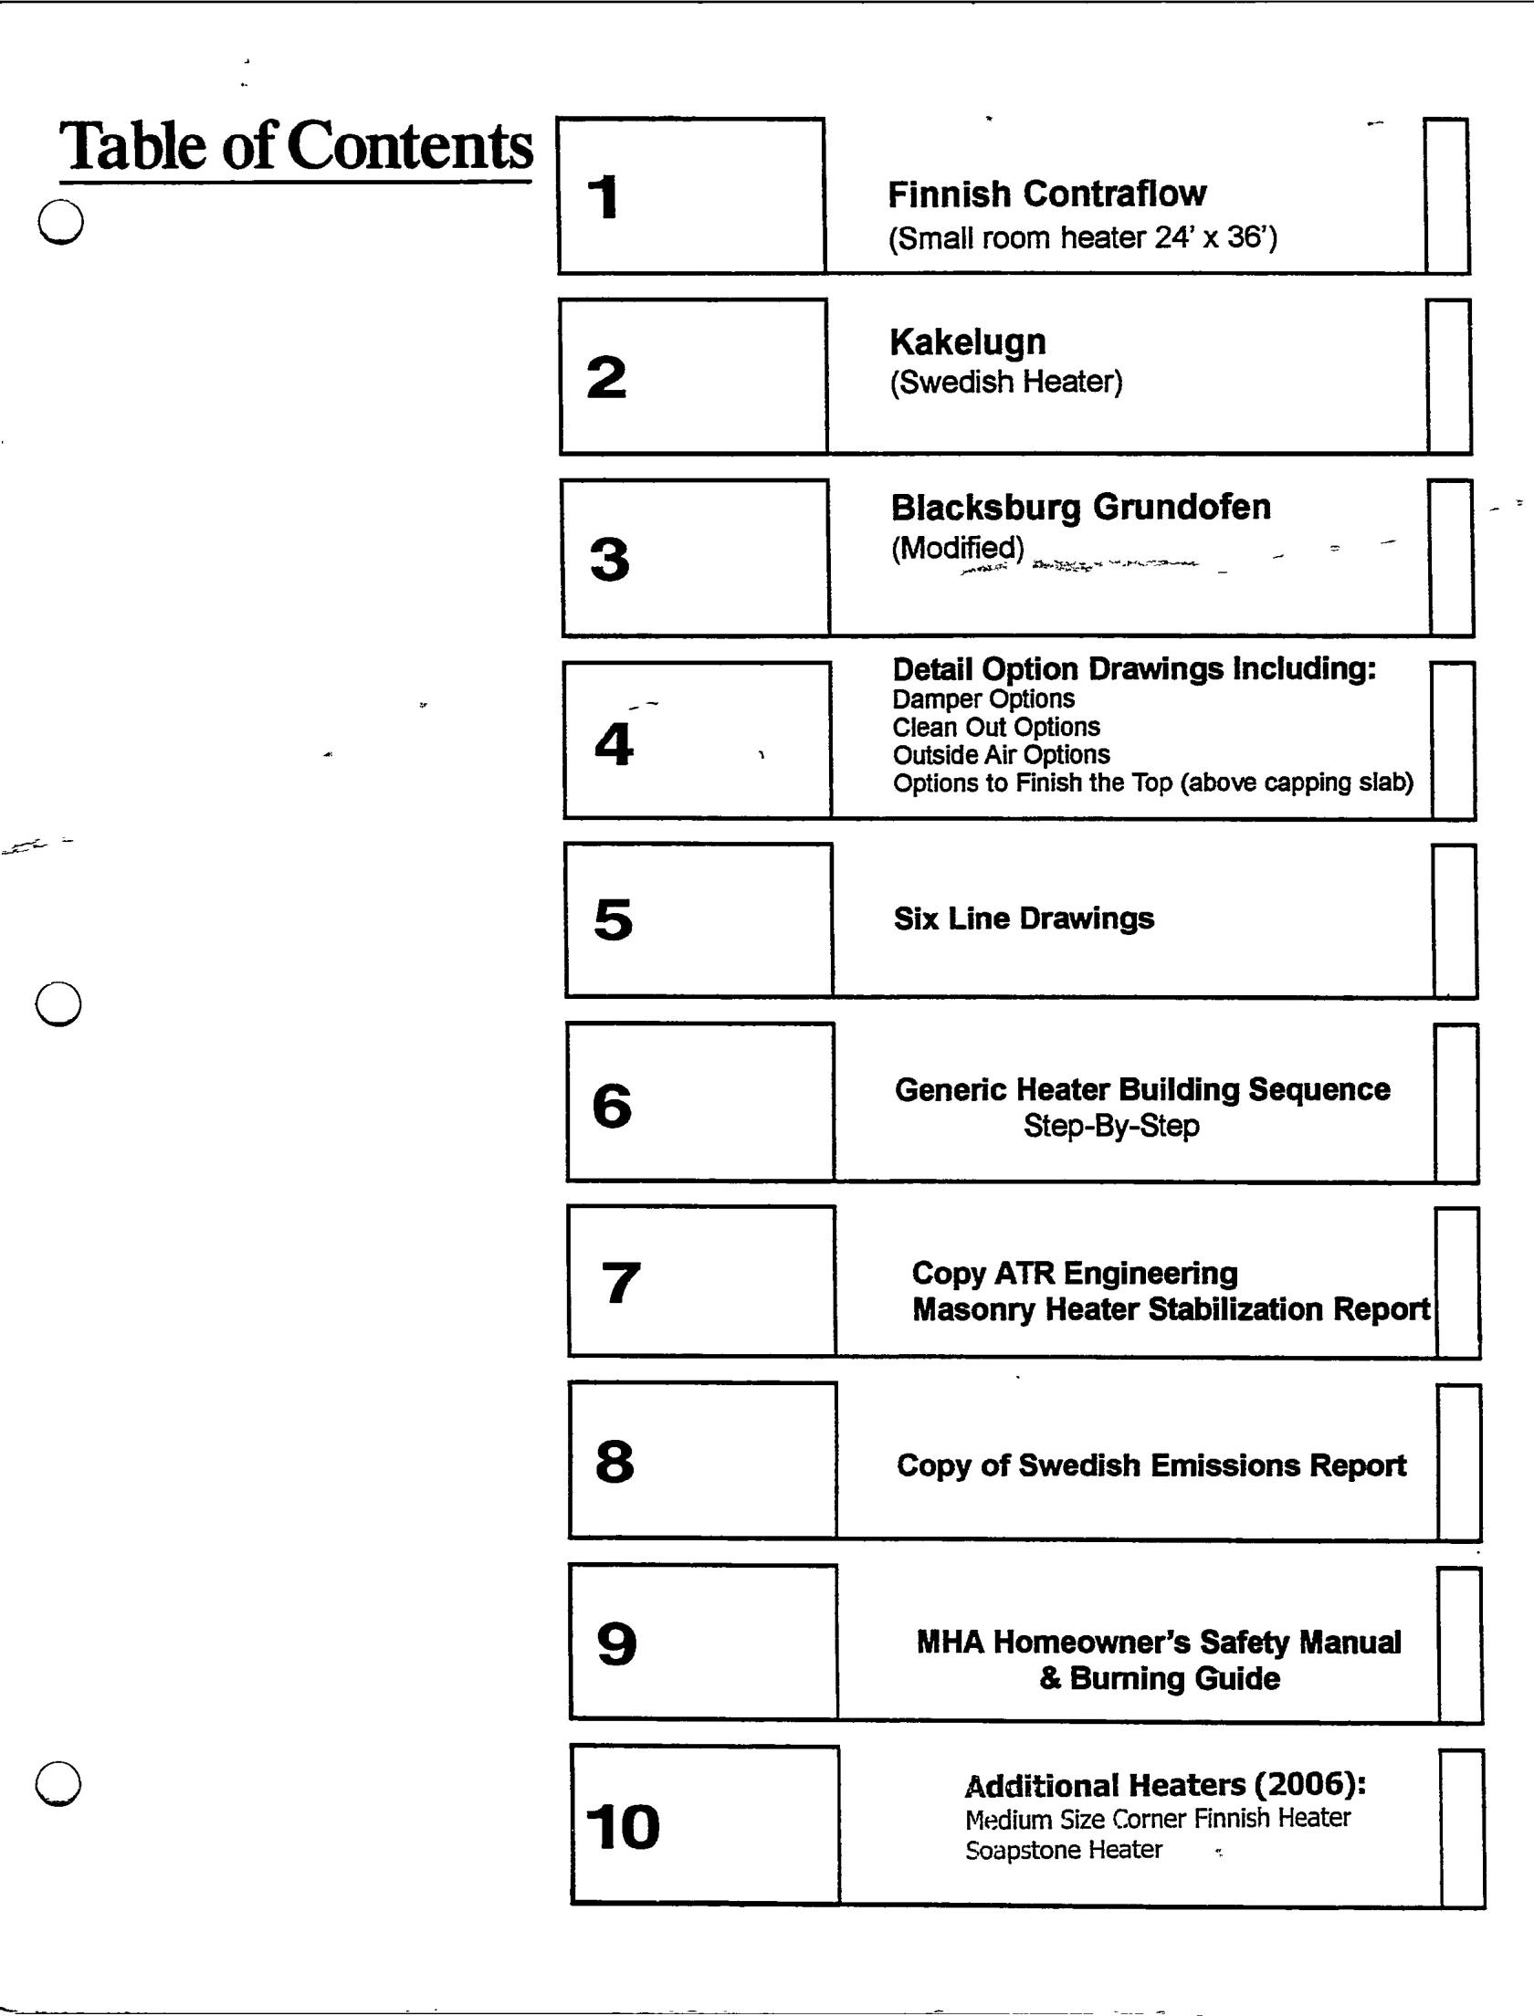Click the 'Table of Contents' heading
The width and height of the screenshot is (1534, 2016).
click(x=296, y=146)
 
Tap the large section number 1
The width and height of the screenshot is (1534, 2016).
click(x=604, y=197)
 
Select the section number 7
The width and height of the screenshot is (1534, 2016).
click(x=621, y=1282)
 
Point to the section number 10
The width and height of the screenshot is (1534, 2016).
click(x=622, y=1827)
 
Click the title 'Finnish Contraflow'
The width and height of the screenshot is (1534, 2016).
click(x=1046, y=194)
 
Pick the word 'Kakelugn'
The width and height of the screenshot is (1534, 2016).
click(x=968, y=342)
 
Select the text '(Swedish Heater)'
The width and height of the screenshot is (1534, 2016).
click(x=1006, y=382)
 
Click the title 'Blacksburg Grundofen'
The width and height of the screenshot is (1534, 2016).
click(x=1080, y=508)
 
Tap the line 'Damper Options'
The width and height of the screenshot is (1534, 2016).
click(x=983, y=699)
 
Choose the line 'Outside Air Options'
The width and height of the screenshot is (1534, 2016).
click(x=1001, y=755)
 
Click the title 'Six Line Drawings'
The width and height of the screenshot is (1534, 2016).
click(x=1024, y=919)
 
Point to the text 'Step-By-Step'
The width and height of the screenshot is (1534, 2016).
click(x=1111, y=1126)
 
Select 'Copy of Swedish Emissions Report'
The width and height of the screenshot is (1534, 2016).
click(x=1151, y=1465)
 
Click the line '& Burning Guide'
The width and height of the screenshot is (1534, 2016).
click(x=1160, y=1678)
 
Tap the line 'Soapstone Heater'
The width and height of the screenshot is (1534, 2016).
click(x=1063, y=1850)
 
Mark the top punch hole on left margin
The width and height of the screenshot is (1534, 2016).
click(x=61, y=222)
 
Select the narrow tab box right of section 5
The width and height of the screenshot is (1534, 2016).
click(x=1455, y=920)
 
